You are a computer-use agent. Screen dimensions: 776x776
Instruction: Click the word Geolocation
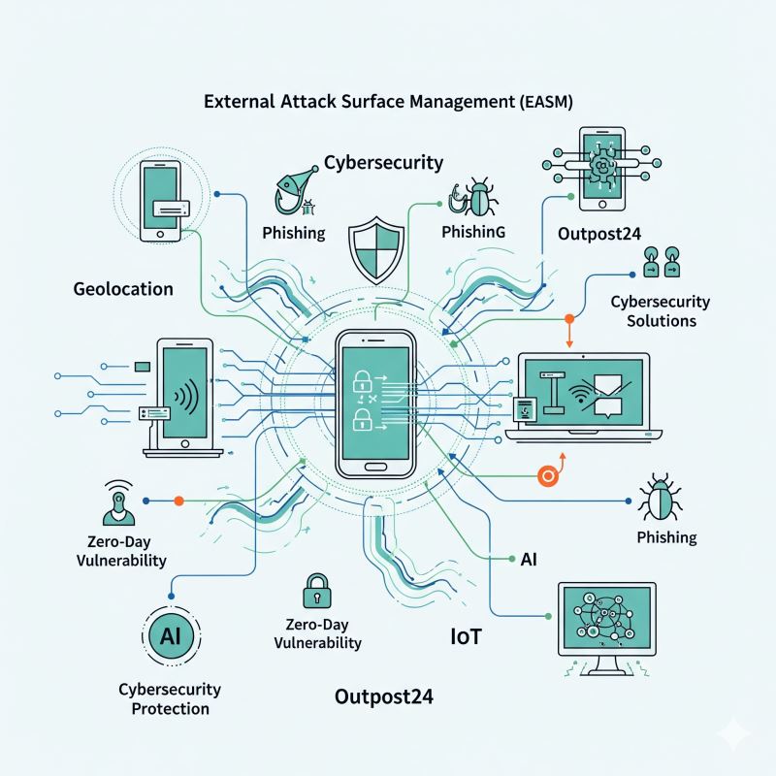(x=122, y=288)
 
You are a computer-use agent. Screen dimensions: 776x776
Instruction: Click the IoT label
(x=467, y=637)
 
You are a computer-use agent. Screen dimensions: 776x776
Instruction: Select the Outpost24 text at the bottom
(x=383, y=696)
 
